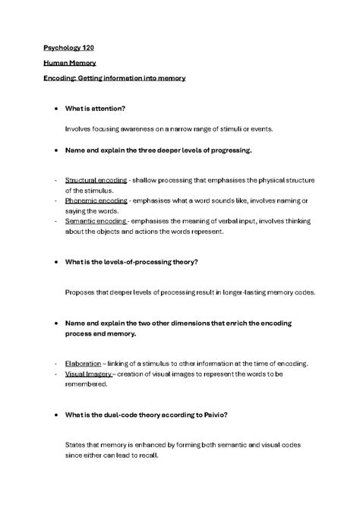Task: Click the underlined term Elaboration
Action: (82, 364)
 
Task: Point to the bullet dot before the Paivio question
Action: (55, 415)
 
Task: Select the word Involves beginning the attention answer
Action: (79, 129)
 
